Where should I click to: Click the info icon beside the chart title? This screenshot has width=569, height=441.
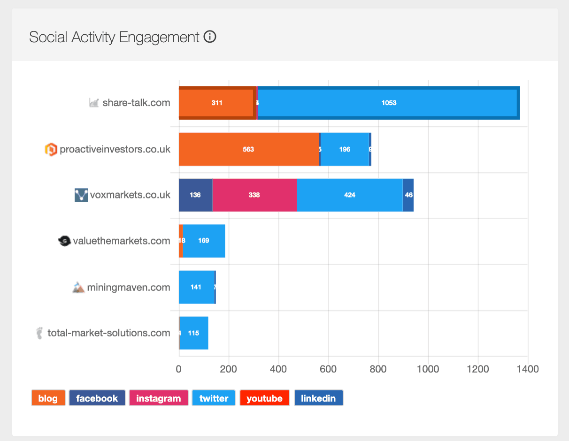point(210,37)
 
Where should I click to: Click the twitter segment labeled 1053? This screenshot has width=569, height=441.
point(388,103)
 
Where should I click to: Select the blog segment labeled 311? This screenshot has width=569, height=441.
point(217,103)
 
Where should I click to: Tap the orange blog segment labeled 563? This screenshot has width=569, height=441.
point(248,149)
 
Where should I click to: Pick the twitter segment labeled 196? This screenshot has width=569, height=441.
point(344,149)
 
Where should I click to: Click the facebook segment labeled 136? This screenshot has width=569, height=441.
point(195,195)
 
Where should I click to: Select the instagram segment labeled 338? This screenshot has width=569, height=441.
point(254,195)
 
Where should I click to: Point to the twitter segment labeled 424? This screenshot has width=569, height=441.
point(349,195)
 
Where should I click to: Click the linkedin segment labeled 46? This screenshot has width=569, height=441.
point(408,195)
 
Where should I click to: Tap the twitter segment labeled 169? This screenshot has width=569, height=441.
point(204,241)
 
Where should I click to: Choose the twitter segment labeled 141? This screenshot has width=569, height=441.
point(196,287)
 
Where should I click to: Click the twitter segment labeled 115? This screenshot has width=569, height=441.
point(193,333)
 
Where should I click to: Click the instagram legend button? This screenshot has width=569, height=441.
point(158,398)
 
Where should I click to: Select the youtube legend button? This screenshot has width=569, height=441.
point(264,398)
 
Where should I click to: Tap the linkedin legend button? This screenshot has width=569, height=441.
point(318,398)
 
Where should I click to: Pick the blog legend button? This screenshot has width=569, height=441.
point(48,398)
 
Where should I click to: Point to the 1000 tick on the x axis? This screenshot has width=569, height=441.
point(428,369)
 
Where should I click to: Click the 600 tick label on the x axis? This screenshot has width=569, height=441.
point(328,369)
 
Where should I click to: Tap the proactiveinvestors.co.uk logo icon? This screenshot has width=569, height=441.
point(51,150)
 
